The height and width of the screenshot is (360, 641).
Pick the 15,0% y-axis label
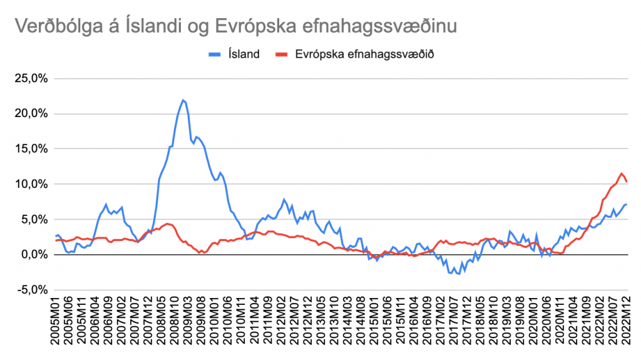pos(35,149)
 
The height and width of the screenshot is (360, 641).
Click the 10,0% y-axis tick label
pos(35,184)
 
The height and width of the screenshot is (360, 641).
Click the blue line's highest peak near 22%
pos(183,100)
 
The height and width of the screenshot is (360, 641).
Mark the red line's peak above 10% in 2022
pos(622,173)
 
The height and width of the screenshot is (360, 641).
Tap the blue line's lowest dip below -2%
pos(459,274)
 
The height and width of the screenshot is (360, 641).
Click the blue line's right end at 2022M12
pos(627,205)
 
